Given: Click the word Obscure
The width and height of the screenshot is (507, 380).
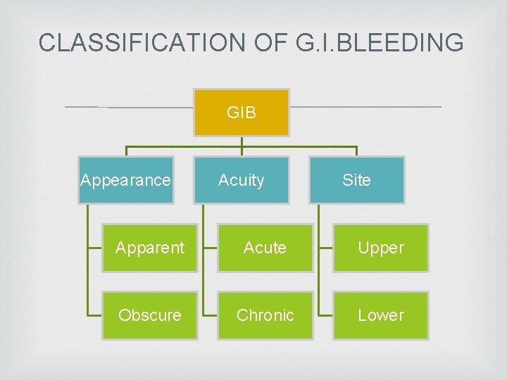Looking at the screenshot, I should click(x=150, y=315).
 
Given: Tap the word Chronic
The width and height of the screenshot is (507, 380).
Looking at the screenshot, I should click(x=265, y=315).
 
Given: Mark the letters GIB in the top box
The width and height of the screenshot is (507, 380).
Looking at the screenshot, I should click(x=242, y=113).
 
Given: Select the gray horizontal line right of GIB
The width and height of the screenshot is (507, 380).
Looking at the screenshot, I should click(x=366, y=107).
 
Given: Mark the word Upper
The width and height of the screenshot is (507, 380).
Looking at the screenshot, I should click(x=380, y=248).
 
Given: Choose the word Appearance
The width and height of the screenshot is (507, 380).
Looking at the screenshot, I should click(x=126, y=180).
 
